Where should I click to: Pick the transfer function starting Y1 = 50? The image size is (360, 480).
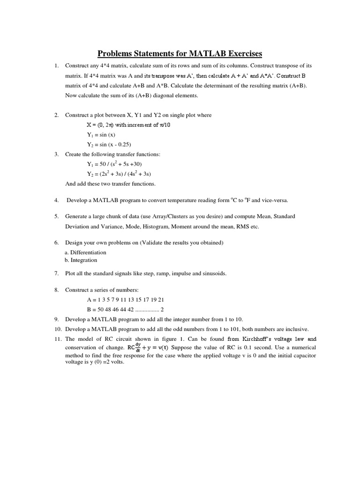114,164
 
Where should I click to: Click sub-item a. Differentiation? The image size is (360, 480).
85,252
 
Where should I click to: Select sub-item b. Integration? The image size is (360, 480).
81,260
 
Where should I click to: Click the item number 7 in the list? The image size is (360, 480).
56,273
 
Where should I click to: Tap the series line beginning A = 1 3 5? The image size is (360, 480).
126,300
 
